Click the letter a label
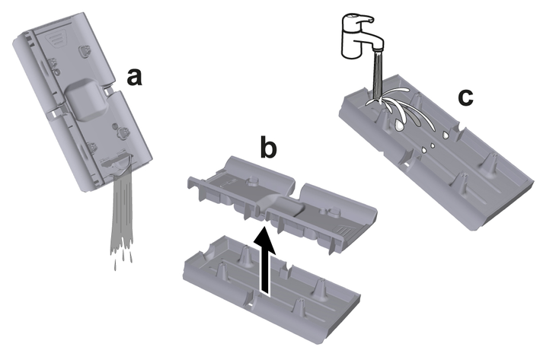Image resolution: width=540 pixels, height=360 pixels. coord(134,77)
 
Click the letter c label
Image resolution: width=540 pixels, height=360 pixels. coord(465,97)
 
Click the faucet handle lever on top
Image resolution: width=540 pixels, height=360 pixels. coord(358,20)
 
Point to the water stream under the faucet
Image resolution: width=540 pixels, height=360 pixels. coord(378,74)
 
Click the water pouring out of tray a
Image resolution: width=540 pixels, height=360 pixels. coord(121,213)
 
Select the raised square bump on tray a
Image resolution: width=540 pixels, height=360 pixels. coord(85,99)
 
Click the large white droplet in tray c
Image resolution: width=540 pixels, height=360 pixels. coord(400,125)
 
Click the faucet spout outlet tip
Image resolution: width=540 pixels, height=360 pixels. coord(378,50)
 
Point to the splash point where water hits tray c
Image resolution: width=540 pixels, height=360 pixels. coord(378,100)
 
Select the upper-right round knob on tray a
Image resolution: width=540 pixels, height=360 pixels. coord(85,51)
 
